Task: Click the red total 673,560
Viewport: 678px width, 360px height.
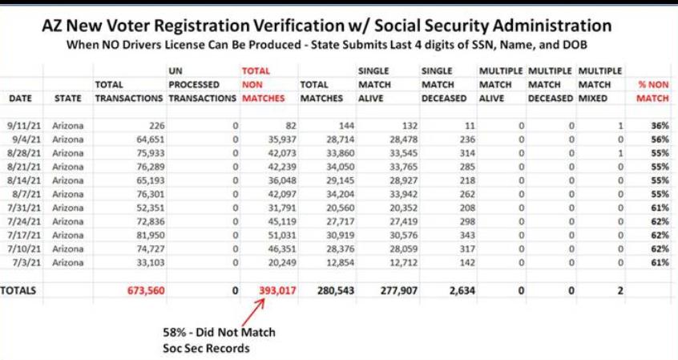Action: tap(146, 290)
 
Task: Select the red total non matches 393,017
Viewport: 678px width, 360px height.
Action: tap(277, 290)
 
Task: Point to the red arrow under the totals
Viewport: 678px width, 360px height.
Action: tap(253, 312)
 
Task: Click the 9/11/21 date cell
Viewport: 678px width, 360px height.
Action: tap(24, 126)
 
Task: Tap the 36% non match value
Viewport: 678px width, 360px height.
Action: tap(660, 126)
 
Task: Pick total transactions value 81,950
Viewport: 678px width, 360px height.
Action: tap(151, 235)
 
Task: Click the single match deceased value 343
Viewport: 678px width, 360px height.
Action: tap(467, 235)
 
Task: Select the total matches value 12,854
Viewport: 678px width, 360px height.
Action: tap(341, 262)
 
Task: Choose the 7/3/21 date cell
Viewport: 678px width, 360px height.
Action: tap(26, 262)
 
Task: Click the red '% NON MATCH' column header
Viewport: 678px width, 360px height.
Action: tap(653, 91)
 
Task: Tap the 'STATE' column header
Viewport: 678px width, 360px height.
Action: tap(68, 99)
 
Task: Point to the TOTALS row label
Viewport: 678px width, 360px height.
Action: tap(18, 290)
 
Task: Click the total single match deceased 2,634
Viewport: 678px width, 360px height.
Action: tap(462, 290)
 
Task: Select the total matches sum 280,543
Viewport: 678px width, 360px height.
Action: tap(336, 290)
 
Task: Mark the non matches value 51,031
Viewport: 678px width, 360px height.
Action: tap(282, 235)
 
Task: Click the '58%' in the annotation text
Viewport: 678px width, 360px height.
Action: tap(176, 332)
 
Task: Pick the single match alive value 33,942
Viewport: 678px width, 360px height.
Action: tap(403, 194)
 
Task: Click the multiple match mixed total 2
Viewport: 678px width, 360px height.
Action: tap(620, 290)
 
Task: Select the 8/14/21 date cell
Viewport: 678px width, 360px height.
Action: tap(24, 180)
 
